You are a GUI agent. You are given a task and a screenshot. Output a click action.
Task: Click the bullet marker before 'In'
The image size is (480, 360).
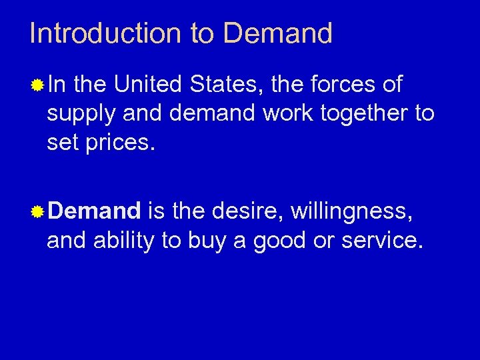tap(39, 85)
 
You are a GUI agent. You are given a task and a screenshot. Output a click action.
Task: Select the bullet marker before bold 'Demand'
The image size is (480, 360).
tap(39, 213)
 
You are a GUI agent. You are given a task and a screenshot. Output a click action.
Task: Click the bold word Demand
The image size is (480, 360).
tap(94, 212)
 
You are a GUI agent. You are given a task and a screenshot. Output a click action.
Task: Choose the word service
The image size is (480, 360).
tap(382, 241)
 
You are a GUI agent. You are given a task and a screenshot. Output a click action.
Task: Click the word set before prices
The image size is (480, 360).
tap(61, 142)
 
